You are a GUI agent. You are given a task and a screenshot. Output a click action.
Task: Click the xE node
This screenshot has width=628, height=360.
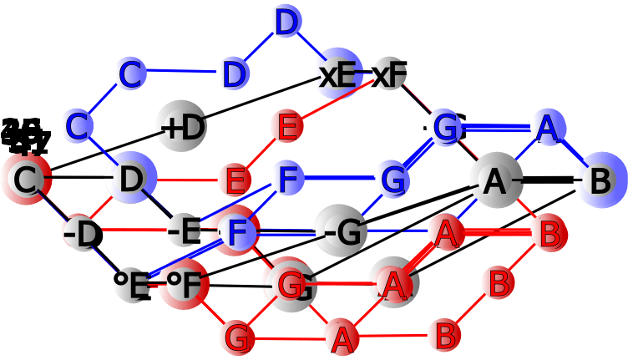339,75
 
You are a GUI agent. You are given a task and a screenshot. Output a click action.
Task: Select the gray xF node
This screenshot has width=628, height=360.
389,75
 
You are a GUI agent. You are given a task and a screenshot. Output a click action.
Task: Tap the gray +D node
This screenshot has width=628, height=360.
182,127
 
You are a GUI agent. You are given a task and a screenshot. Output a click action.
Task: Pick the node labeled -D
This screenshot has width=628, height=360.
83,233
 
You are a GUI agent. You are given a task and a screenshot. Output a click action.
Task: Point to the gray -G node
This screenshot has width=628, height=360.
341,231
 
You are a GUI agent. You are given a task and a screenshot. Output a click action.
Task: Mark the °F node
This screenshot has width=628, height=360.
185,285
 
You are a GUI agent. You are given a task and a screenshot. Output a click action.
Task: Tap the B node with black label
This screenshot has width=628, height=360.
599,180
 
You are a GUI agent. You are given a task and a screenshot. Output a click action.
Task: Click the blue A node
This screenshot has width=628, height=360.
547,129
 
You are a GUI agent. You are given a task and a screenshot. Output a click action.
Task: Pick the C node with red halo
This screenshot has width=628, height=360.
26,179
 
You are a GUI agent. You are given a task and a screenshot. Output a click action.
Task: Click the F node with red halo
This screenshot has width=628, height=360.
237,231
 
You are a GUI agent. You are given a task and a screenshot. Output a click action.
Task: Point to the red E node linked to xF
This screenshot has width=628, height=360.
287,127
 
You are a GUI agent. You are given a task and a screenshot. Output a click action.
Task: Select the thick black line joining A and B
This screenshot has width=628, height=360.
548,180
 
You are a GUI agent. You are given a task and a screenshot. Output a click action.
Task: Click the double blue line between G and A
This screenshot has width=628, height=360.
498,128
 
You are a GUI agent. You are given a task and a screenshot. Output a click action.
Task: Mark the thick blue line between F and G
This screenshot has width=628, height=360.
341,179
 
